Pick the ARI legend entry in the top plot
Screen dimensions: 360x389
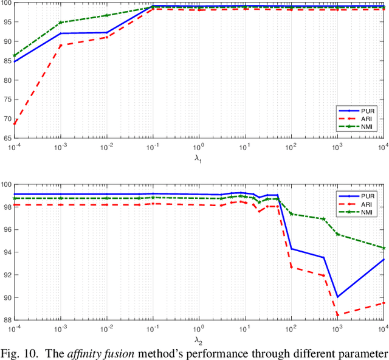pos(365,119)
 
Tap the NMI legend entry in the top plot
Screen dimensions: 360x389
pos(365,128)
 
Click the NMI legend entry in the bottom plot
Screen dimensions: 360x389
pos(365,212)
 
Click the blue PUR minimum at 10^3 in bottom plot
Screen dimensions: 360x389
pos(337,297)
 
